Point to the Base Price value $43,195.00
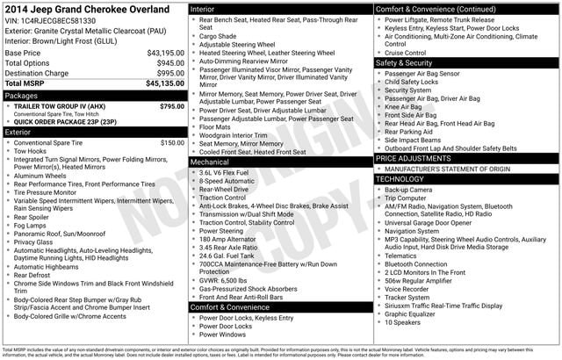click(159, 53)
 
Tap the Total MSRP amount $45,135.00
click(159, 84)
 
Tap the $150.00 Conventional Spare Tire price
click(172, 142)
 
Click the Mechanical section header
click(210, 162)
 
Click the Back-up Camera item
click(407, 189)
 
